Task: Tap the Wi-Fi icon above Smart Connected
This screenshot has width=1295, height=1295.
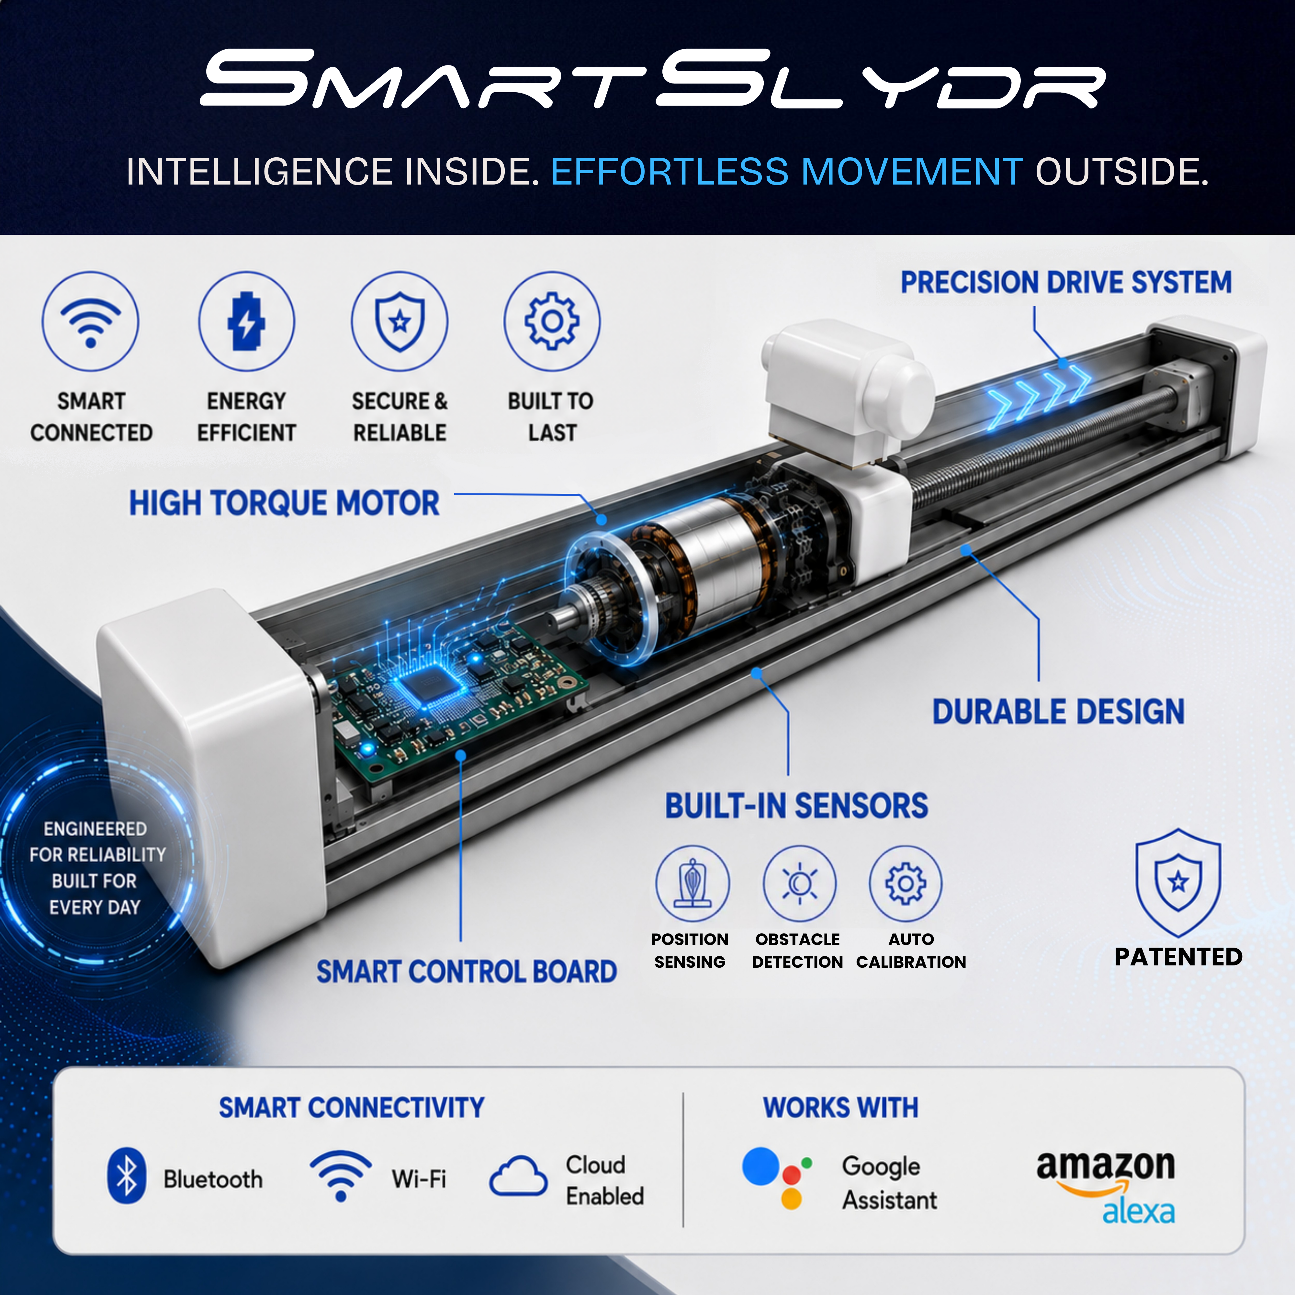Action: pos(91,321)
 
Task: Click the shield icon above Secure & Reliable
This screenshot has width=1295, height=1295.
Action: pos(400,321)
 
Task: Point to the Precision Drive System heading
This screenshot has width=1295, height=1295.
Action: pos(1066,282)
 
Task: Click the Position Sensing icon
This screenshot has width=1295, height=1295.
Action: pos(693,883)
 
